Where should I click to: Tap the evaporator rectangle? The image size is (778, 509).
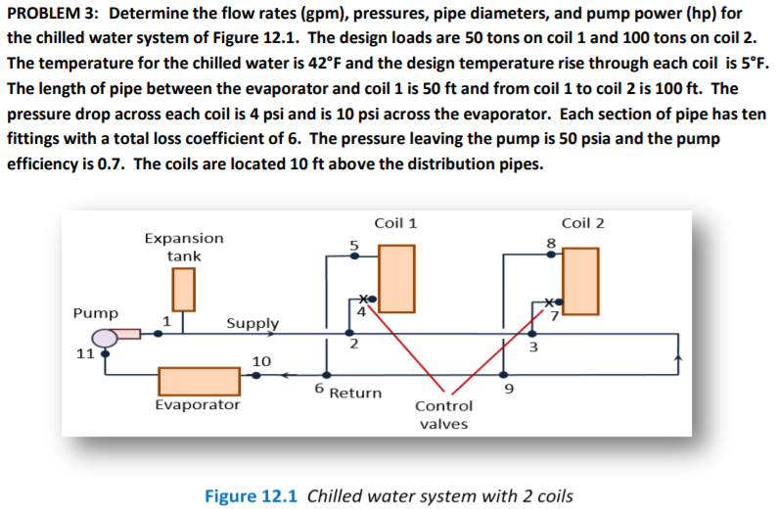coord(199,381)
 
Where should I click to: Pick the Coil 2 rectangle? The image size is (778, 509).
coord(580,281)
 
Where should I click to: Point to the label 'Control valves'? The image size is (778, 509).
coord(443,414)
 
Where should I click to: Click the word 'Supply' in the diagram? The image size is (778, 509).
coord(252,323)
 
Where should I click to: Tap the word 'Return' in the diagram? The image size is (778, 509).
coord(355,393)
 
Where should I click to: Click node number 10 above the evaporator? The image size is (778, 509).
coord(261,362)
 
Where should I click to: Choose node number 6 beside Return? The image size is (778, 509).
coord(319,389)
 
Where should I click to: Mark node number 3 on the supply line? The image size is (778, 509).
coord(533,346)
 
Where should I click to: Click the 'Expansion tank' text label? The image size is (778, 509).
coord(183,247)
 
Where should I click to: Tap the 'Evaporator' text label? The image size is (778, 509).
coord(198,404)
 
